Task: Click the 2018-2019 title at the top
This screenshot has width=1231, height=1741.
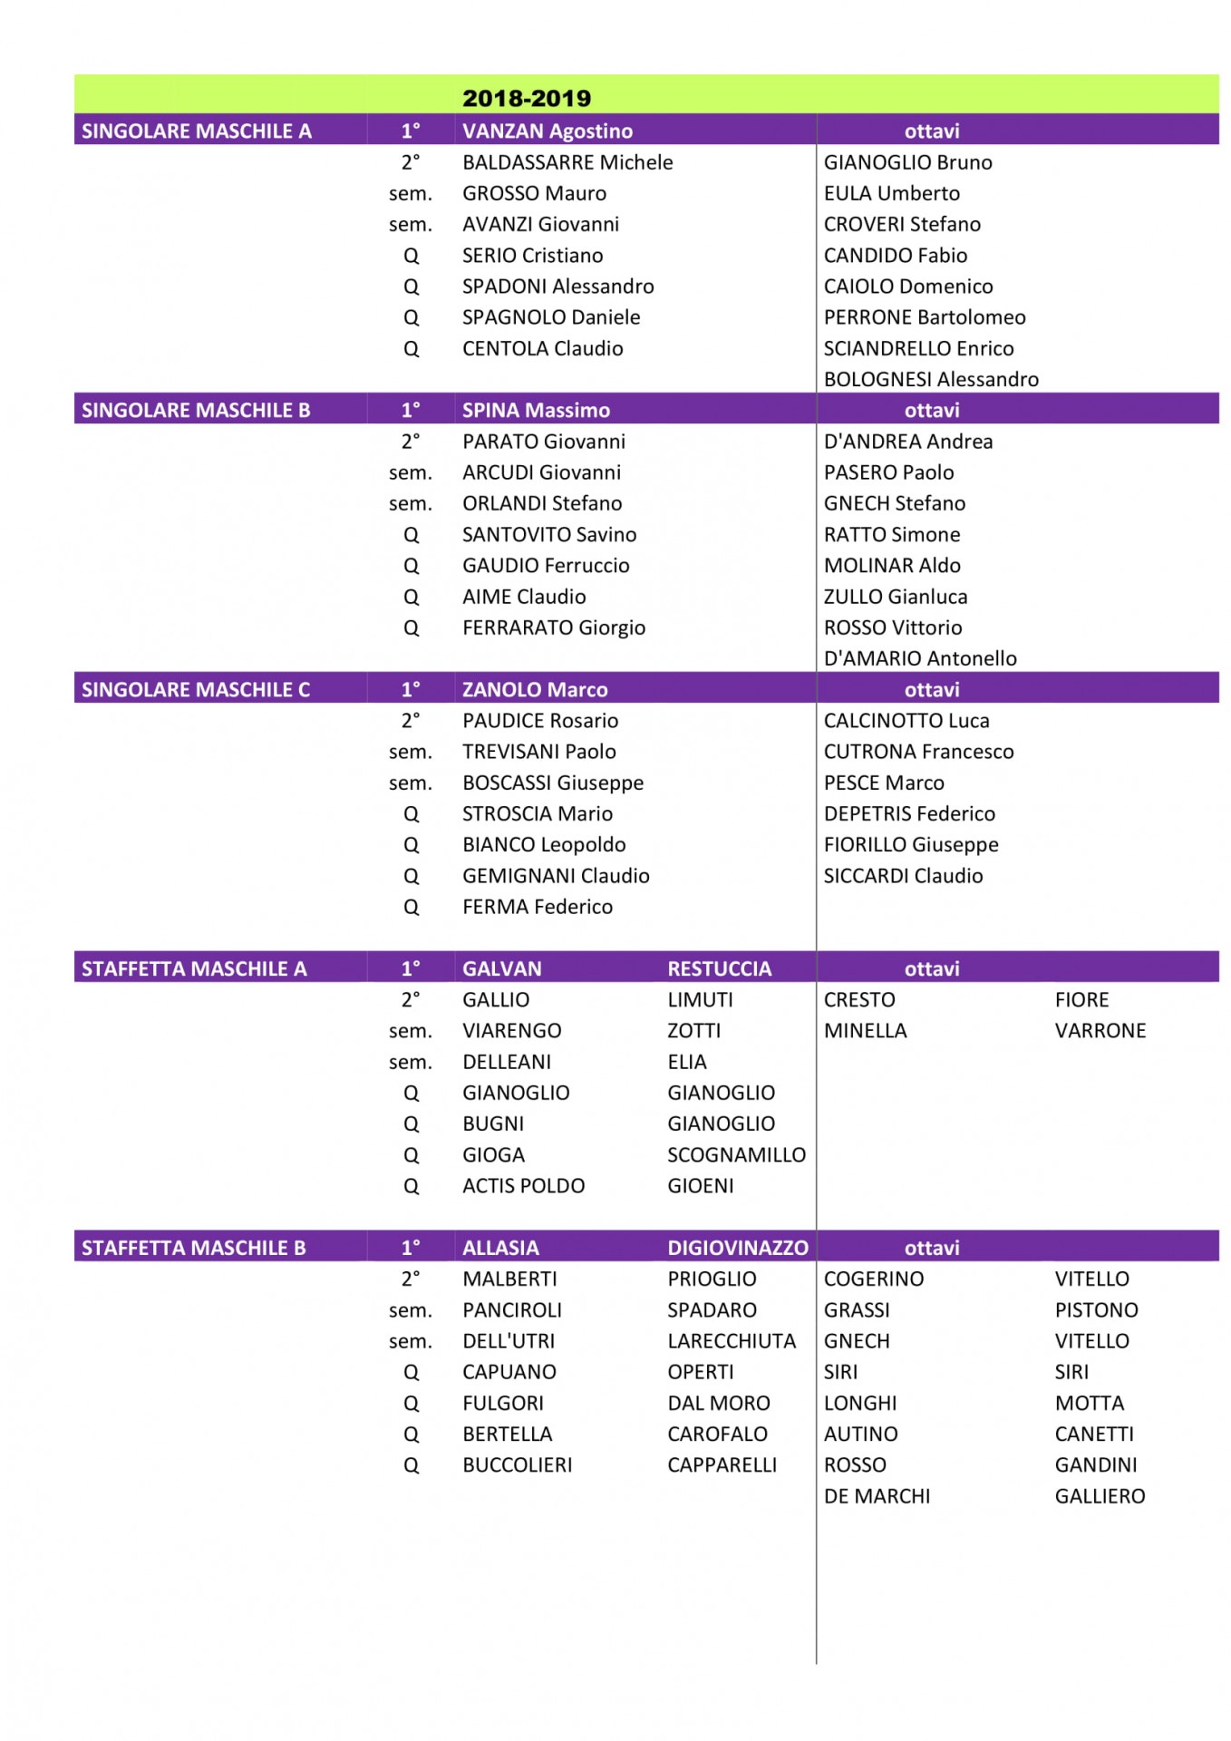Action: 526,98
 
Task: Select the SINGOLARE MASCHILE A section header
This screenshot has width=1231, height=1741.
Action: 196,131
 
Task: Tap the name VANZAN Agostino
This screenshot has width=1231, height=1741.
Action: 547,131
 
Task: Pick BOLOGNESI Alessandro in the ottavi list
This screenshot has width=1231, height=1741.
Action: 930,379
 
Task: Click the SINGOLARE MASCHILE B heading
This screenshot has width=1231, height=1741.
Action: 196,410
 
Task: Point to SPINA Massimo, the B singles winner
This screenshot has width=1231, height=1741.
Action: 536,410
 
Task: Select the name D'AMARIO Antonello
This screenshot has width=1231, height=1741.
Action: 919,658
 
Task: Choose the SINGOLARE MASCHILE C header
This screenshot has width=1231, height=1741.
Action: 196,689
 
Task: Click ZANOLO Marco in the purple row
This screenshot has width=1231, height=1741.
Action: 535,689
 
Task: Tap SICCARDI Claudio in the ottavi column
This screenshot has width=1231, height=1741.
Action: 903,876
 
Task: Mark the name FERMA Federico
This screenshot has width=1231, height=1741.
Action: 538,907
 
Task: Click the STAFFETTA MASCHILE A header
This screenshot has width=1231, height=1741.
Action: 194,968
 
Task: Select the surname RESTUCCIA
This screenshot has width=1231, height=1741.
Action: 719,968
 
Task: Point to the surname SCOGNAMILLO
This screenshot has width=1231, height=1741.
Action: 736,1154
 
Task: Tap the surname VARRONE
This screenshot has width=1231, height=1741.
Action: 1100,1030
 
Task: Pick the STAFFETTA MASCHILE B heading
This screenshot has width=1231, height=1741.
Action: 193,1248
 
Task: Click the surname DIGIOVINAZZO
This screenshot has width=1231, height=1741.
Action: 737,1248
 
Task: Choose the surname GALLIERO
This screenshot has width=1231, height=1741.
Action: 1100,1496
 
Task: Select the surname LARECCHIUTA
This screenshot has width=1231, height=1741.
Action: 731,1341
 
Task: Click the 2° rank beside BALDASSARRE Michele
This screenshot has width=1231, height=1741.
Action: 411,162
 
